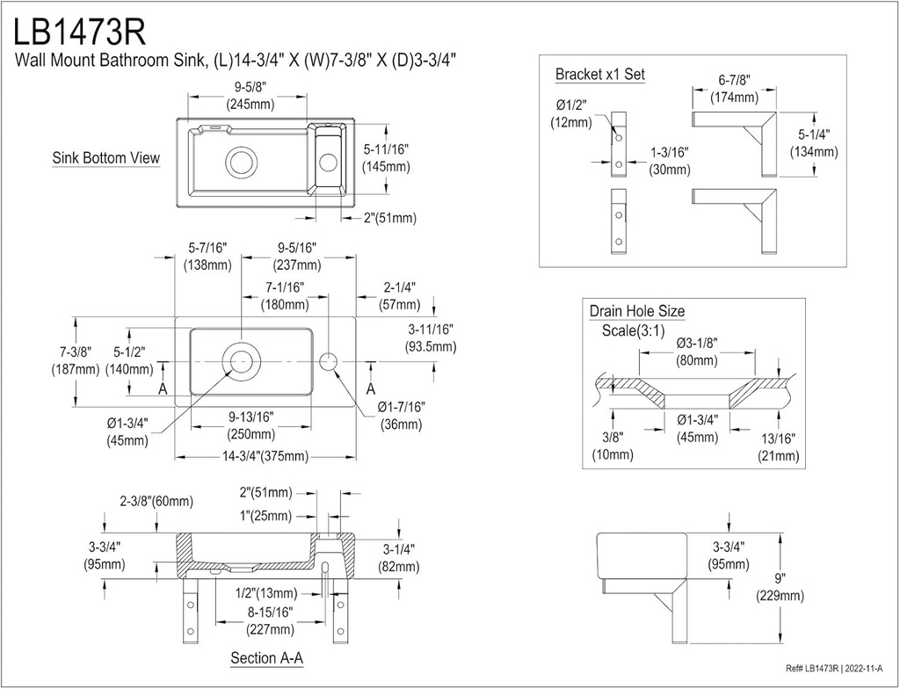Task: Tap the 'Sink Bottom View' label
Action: (105, 158)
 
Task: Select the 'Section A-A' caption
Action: (267, 657)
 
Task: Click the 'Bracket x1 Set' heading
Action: (599, 75)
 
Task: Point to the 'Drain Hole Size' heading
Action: (636, 311)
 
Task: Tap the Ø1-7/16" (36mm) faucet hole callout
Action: (402, 416)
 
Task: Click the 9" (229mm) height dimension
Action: (778, 587)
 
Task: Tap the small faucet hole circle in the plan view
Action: (329, 361)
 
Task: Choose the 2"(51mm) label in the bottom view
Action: (381, 218)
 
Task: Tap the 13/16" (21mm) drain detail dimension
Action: (778, 446)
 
